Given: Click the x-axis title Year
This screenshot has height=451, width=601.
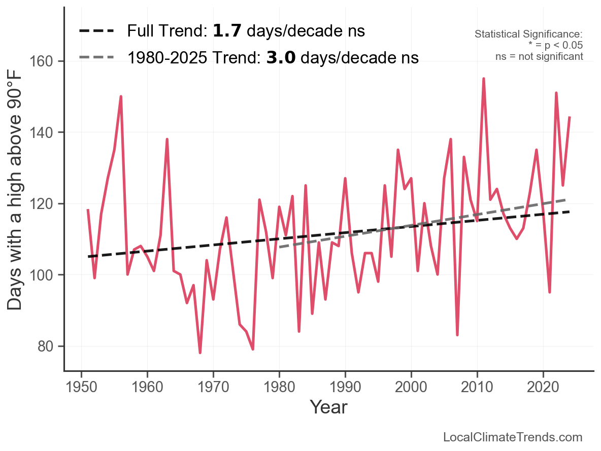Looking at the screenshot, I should pos(328,407).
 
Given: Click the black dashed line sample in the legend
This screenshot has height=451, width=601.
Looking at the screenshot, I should pos(96,31).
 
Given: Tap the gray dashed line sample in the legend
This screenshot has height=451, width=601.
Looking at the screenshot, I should pos(96,58).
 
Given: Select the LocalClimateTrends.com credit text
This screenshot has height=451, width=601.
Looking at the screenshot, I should pos(513,437).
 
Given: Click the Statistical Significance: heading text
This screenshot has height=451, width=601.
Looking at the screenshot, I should pos(528,34).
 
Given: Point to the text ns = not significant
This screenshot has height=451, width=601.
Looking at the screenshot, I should pos(539,56).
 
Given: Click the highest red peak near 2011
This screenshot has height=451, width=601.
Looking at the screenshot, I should pos(484,79).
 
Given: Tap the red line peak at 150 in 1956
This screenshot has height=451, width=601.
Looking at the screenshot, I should pos(121,96).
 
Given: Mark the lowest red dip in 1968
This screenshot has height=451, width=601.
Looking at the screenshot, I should pos(200,353).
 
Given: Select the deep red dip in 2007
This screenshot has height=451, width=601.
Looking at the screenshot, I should pos(457,335).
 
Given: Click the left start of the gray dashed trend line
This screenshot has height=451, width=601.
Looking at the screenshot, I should pos(280,247).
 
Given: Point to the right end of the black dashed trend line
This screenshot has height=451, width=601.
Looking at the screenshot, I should pos(570,212).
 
